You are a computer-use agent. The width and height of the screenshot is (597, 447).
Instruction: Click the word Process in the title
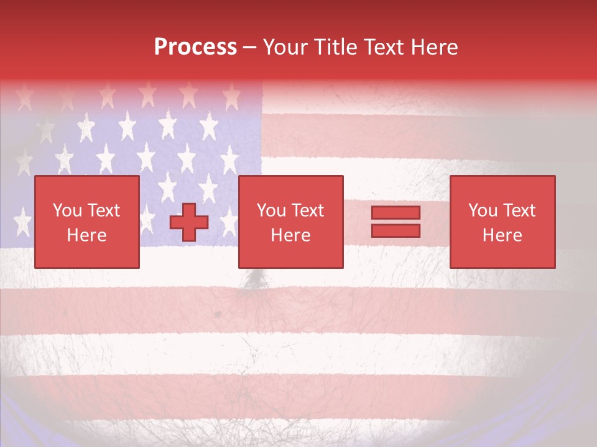(195, 47)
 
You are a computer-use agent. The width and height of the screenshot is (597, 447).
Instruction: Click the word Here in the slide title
(435, 47)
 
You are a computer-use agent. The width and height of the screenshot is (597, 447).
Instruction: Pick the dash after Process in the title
(249, 48)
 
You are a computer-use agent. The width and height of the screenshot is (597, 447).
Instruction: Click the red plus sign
(189, 222)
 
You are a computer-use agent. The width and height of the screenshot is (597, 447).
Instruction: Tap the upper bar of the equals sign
(396, 212)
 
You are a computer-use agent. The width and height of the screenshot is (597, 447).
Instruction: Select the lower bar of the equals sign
(396, 230)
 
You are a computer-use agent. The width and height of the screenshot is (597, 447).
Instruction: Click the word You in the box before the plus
(67, 210)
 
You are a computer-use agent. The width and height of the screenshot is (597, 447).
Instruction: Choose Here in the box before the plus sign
(86, 235)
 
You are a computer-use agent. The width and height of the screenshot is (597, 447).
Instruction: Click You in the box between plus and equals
(271, 210)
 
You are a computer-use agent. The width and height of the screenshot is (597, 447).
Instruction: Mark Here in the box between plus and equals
(291, 235)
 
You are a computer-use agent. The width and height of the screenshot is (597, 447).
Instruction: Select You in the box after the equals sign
(483, 210)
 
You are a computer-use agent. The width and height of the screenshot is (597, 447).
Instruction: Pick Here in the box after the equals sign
(502, 235)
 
